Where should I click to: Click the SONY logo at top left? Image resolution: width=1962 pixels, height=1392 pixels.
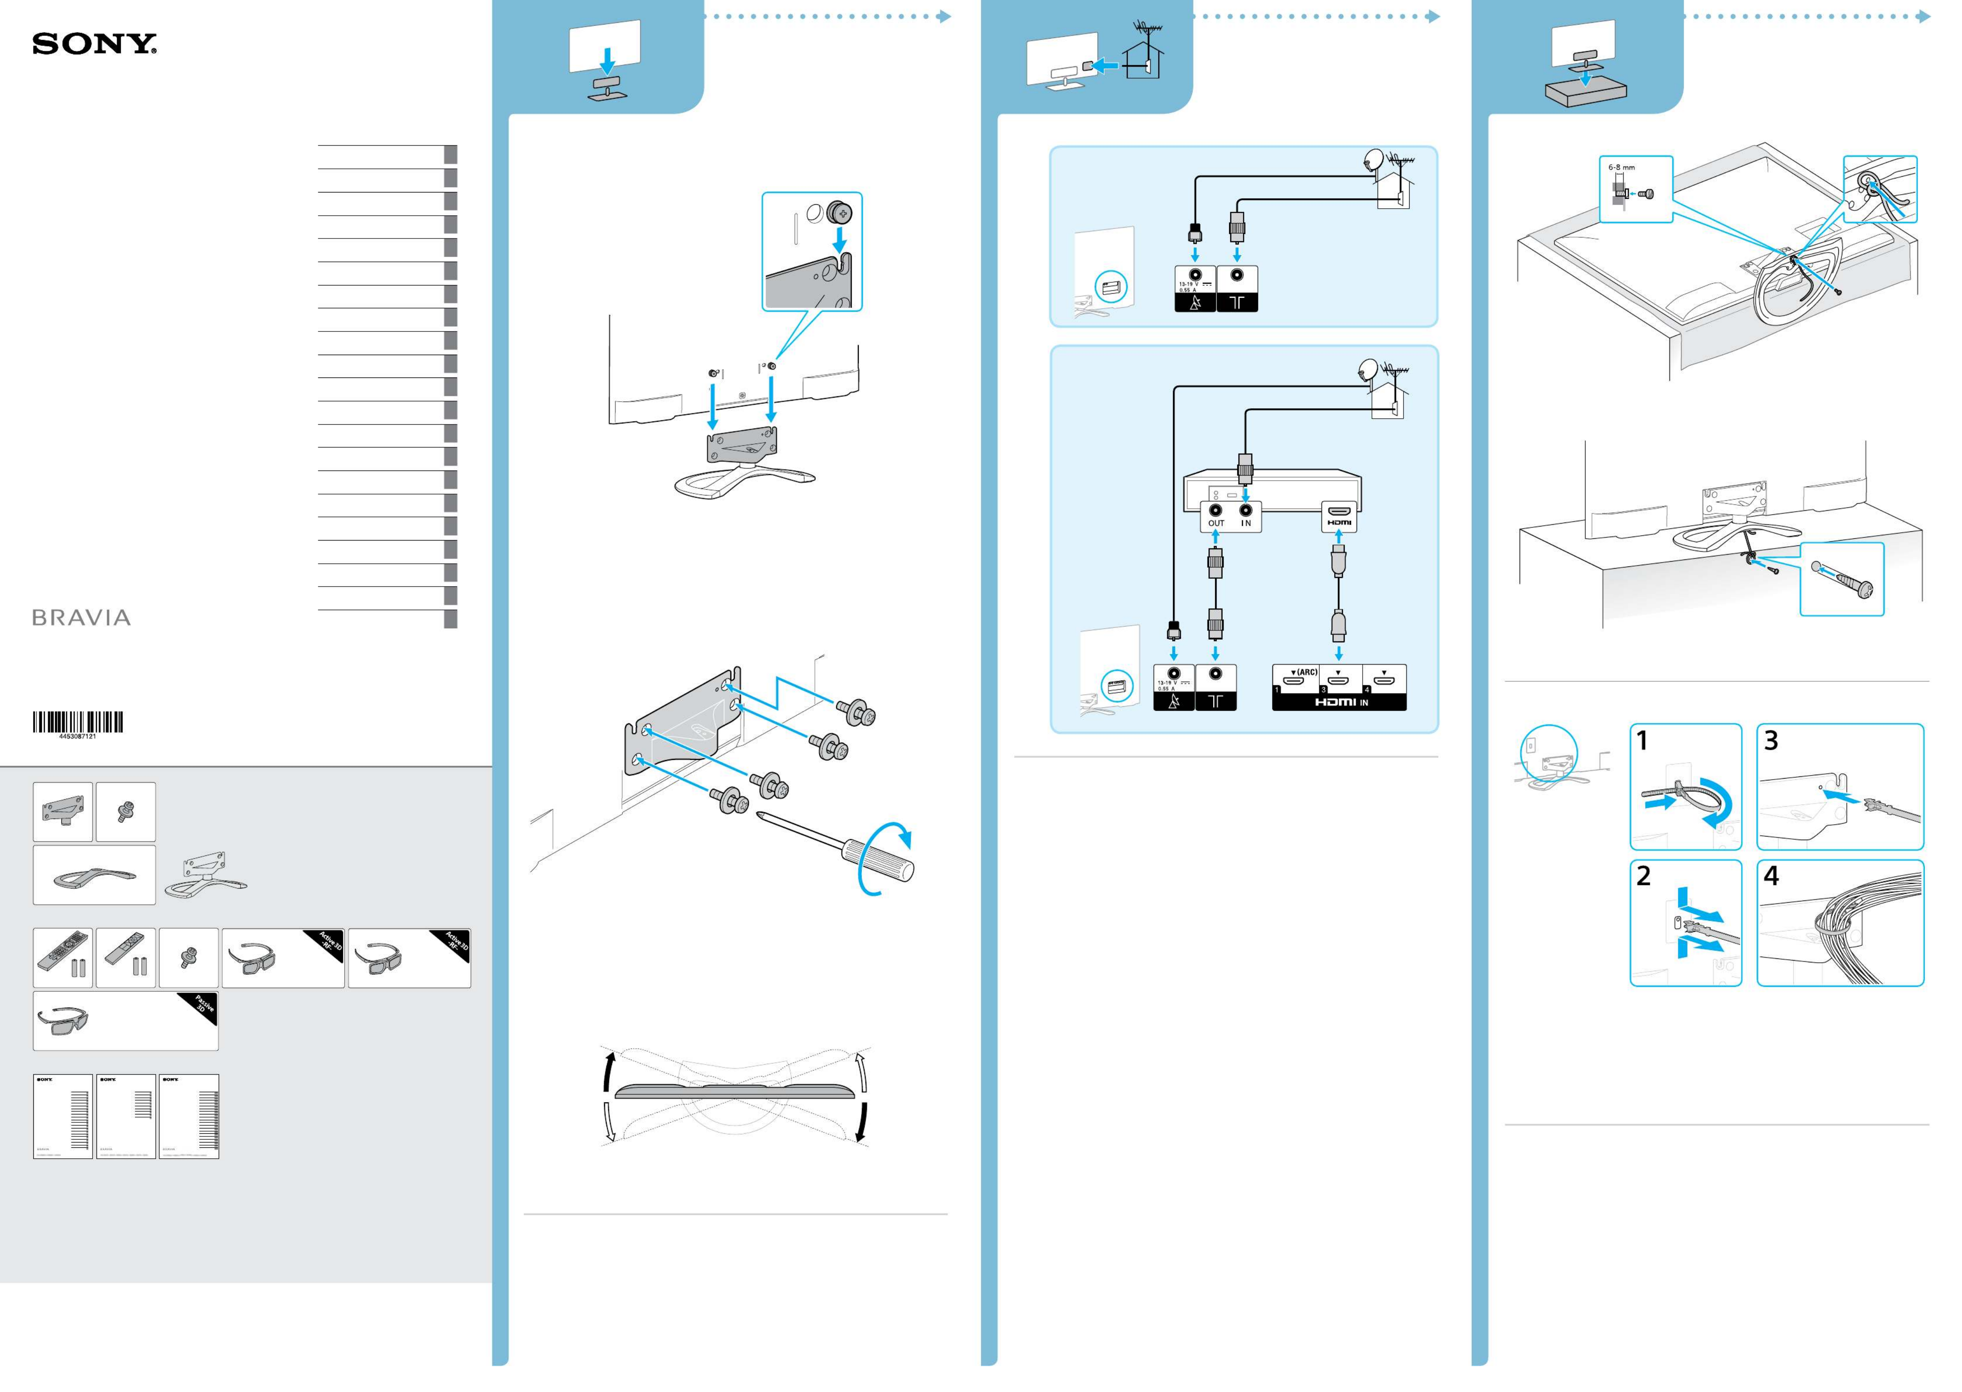coord(94,45)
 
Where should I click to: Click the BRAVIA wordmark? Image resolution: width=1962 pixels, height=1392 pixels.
coord(82,618)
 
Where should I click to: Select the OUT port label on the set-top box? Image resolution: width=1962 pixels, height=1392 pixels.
coord(1215,523)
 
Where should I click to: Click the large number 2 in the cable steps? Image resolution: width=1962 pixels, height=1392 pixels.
coord(1643,876)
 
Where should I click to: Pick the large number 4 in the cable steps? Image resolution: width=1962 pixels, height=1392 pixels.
coord(1771,876)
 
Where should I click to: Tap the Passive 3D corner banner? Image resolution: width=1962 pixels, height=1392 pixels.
coord(203,1008)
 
